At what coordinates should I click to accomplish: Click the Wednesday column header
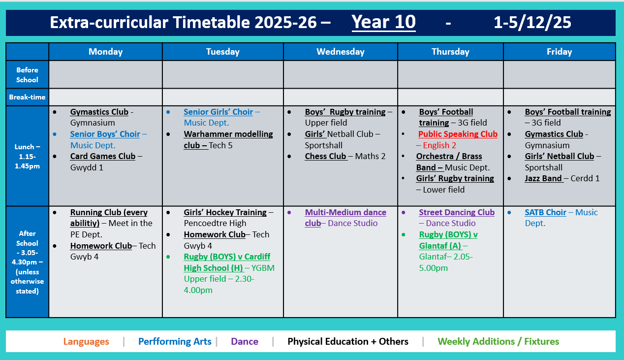340,52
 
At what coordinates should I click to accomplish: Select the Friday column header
559,52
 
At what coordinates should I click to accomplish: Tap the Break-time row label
27,97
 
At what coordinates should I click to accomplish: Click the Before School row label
27,74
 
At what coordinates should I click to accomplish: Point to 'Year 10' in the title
383,22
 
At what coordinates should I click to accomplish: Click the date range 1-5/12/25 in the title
532,22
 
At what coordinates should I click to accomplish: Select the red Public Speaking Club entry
458,134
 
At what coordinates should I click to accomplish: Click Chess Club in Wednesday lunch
326,156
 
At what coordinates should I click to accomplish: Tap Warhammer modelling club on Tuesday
228,134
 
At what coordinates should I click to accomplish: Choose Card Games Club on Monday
102,156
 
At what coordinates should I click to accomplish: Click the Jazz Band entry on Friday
544,178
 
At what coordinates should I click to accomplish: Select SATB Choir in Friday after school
545,212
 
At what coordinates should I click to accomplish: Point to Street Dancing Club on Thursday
456,212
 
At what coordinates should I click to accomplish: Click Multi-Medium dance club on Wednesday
345,212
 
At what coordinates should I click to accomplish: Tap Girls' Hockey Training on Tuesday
225,212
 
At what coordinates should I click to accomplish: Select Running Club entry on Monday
108,212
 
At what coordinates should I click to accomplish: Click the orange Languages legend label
86,341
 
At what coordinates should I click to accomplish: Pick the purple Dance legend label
245,341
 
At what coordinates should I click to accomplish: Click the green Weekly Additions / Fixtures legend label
498,341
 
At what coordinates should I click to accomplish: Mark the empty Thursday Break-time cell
450,97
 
